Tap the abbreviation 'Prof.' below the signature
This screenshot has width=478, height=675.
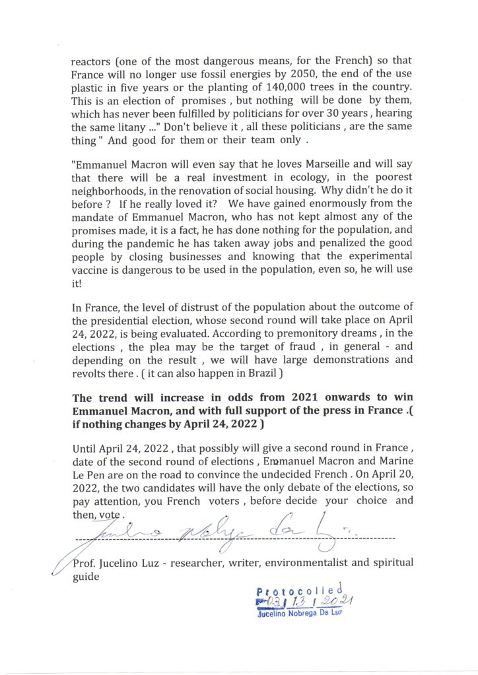[85, 563]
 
